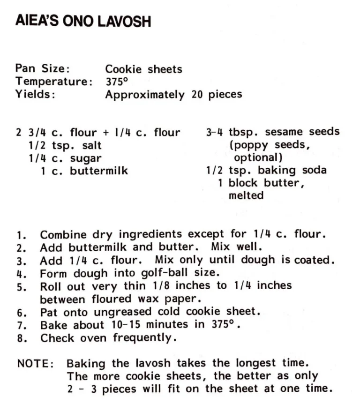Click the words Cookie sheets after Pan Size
pos(143,69)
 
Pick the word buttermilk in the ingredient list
pos(99,171)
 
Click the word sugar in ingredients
pos(85,158)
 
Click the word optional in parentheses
pos(257,157)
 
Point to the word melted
pos(246,195)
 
